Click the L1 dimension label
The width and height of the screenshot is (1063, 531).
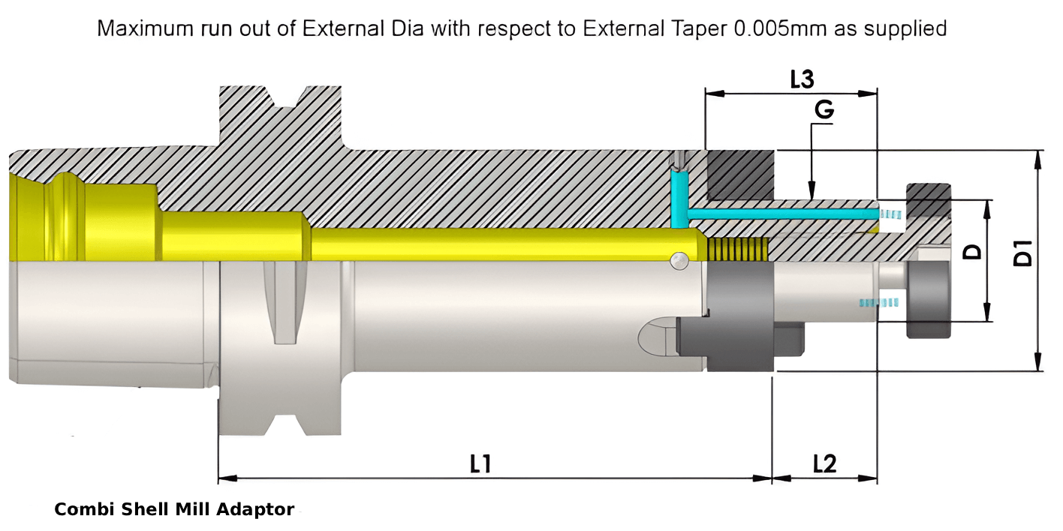(480, 464)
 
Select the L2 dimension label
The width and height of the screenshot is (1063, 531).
(824, 464)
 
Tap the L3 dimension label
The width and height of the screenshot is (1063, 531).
(803, 79)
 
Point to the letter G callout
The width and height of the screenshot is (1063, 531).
(824, 110)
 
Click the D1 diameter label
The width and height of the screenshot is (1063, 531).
(1022, 253)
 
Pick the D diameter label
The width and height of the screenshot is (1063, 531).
(973, 250)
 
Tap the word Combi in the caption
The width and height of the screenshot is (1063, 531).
(79, 510)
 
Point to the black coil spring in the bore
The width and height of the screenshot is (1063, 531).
(739, 249)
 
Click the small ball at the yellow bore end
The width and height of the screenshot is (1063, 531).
(679, 259)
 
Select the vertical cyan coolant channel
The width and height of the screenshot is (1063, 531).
(680, 198)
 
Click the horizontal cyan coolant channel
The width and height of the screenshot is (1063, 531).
(781, 214)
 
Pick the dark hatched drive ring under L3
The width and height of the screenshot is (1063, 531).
(740, 175)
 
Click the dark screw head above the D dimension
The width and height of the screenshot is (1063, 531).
(929, 199)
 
